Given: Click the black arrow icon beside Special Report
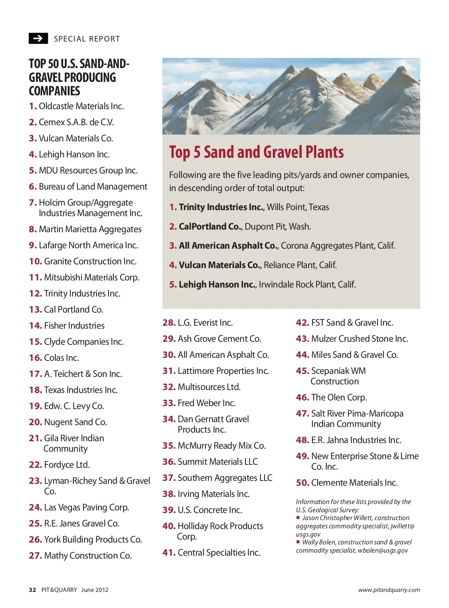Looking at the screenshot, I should tap(38, 39).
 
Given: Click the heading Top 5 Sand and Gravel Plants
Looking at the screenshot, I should tap(256, 152).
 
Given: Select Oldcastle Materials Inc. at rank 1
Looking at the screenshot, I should tap(81, 106).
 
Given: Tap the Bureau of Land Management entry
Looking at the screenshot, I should tap(93, 187).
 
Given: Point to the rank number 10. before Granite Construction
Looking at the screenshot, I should tap(36, 261).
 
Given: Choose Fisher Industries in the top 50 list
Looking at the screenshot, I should tap(74, 326).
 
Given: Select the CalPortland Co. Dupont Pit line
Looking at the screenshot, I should tap(245, 227).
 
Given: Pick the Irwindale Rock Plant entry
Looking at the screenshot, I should tap(307, 285).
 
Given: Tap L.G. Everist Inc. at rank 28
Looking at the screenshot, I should tap(205, 323).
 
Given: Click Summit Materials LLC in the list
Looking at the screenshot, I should tap(217, 462).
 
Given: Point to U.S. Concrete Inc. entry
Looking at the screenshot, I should tap(210, 510).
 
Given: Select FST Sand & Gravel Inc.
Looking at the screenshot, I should tap(352, 323).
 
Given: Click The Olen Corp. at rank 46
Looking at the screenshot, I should tap(339, 397).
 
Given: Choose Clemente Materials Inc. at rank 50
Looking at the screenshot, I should tap(354, 483).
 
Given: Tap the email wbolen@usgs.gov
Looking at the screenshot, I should tap(382, 550).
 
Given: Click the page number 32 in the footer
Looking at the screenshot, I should tap(33, 590).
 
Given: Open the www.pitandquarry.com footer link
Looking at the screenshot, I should tap(389, 590).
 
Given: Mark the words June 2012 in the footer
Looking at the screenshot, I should tap(95, 590).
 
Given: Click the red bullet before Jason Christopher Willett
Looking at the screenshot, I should tap(298, 518).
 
